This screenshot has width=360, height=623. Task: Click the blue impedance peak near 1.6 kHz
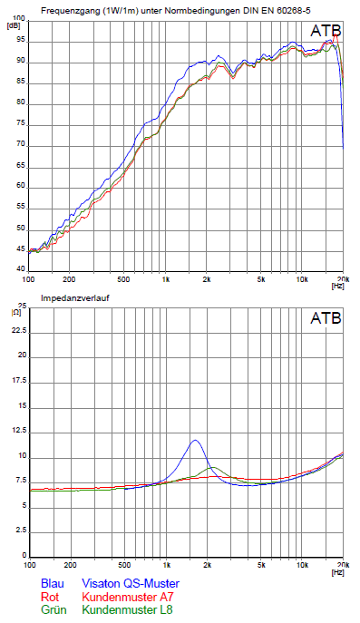click(x=195, y=440)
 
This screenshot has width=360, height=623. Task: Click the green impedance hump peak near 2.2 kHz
click(x=213, y=467)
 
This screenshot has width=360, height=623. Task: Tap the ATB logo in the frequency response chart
click(x=326, y=31)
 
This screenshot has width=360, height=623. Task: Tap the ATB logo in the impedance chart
click(x=326, y=318)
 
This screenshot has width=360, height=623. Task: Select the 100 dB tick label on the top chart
click(x=19, y=18)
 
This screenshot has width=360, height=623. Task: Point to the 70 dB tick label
click(x=20, y=144)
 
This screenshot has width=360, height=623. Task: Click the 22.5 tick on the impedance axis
click(x=19, y=331)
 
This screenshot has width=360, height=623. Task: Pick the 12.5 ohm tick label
click(x=19, y=431)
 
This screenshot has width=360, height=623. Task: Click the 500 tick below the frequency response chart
click(x=123, y=279)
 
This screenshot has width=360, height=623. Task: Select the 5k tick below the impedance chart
click(x=261, y=565)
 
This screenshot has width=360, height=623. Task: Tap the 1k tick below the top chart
click(x=166, y=279)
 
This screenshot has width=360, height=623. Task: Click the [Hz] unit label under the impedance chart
click(x=337, y=572)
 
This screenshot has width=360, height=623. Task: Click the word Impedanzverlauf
click(x=75, y=298)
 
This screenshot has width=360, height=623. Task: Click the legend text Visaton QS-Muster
click(x=131, y=583)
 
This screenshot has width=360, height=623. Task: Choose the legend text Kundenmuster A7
click(x=128, y=597)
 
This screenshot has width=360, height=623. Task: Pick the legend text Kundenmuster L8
click(x=127, y=609)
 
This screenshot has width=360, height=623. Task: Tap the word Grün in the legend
click(x=54, y=609)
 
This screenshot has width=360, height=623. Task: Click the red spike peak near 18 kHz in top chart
click(x=336, y=35)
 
